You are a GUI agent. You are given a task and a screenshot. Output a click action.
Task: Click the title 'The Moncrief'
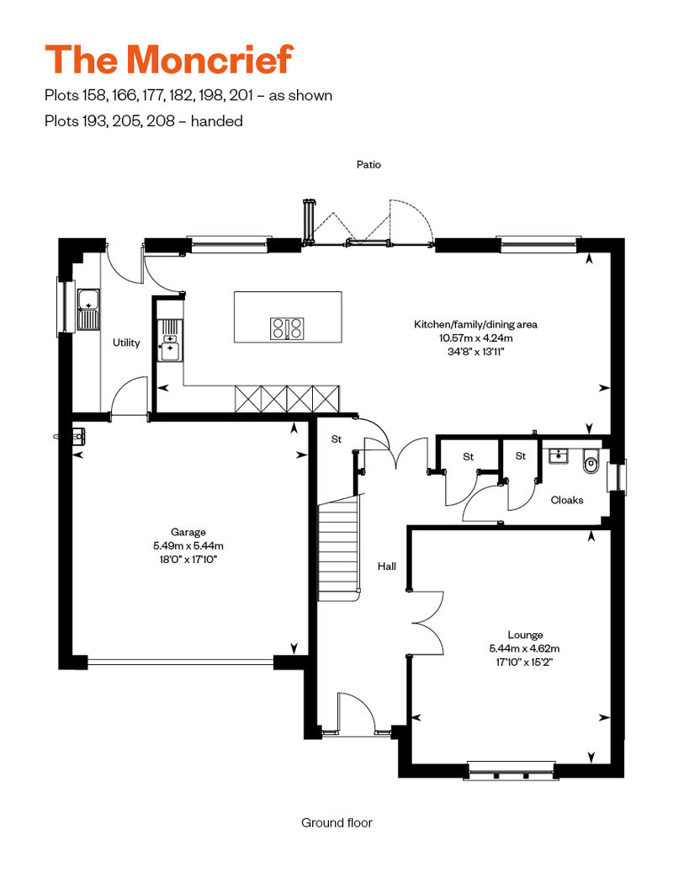(x=169, y=59)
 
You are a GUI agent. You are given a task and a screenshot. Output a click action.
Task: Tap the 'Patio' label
(x=368, y=165)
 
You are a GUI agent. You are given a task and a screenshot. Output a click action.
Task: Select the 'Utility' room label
(x=126, y=343)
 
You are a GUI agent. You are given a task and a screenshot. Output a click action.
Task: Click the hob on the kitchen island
(x=288, y=328)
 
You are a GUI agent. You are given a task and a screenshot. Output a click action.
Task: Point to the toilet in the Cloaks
(x=591, y=462)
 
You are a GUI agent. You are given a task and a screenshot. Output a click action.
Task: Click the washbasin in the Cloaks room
(x=558, y=456)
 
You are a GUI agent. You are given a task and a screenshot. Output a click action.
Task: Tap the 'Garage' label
(x=188, y=532)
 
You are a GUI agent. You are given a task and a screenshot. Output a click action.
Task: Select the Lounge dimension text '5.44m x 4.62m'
(x=524, y=648)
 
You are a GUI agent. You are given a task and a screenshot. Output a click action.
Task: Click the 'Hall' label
(x=387, y=566)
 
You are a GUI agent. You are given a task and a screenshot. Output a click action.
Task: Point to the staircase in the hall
(x=338, y=548)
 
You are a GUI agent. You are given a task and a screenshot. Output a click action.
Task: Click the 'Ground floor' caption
(x=336, y=822)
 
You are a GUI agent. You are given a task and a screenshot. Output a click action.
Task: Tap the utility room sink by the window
(x=87, y=310)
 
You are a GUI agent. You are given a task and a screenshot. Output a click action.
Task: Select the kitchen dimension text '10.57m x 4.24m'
(x=475, y=338)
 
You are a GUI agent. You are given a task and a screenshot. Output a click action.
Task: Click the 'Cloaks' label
(x=567, y=500)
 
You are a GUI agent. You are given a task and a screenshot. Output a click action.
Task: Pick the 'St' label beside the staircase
(x=336, y=439)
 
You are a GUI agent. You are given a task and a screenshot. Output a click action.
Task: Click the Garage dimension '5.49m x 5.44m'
(x=188, y=546)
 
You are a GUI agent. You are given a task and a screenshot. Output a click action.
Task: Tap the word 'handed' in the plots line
(x=217, y=121)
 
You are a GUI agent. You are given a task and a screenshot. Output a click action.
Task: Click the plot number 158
(x=94, y=96)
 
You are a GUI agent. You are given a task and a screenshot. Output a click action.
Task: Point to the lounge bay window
(x=511, y=769)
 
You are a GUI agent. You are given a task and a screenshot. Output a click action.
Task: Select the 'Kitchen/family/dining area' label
(x=475, y=324)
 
